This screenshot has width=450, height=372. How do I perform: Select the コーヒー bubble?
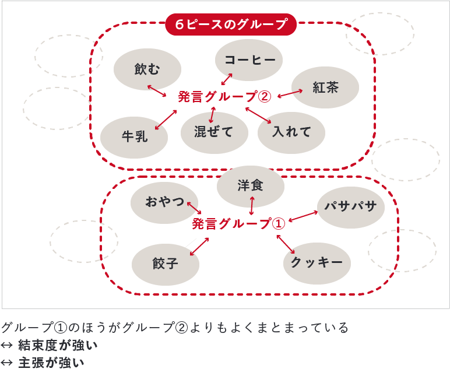tap(249, 60)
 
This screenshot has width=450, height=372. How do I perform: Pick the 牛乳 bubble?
tap(134, 137)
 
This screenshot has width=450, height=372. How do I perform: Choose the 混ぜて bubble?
tap(214, 132)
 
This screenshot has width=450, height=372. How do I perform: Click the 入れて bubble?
tap(291, 132)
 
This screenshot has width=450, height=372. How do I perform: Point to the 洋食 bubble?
tap(251, 186)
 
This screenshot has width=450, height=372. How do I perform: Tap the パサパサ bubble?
tap(350, 206)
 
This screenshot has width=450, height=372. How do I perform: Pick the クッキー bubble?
tap(317, 262)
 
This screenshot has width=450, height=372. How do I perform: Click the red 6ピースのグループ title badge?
tap(231, 25)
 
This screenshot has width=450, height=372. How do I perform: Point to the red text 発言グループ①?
tap(238, 223)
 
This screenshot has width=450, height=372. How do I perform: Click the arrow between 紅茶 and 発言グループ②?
tap(290, 93)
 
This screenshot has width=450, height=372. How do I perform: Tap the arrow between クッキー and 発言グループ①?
tap(285, 244)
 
